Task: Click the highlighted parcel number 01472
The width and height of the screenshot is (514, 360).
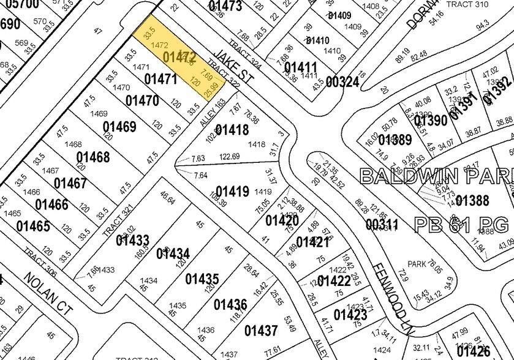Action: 180,58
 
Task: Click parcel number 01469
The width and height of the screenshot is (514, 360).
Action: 119,127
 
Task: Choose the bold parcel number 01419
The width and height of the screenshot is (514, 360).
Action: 232,192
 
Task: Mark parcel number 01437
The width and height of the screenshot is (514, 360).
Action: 261,331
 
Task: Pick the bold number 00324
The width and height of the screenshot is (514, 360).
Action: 342,81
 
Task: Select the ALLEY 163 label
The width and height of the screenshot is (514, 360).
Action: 213,112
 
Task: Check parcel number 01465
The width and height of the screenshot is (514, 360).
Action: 33,226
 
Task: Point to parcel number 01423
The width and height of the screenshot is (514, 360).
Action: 350,315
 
